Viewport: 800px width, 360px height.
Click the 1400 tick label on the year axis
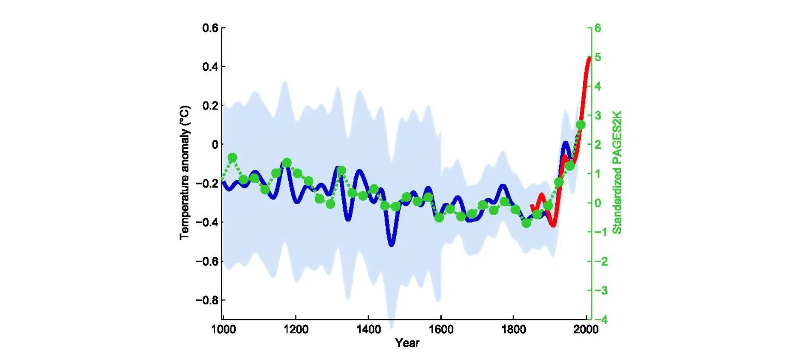pos(368,330)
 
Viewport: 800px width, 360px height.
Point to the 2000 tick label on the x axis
pos(586,330)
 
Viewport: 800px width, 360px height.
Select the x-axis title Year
pos(407,343)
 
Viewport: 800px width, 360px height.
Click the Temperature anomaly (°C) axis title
pos(184,173)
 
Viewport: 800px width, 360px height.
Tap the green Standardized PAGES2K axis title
pos(617,172)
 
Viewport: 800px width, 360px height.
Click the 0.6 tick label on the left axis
pos(210,28)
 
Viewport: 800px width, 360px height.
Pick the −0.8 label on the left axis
pos(207,300)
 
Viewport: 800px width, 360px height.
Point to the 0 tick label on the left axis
pos(215,144)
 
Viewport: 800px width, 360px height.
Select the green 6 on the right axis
pos(598,28)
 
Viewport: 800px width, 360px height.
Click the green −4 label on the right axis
pos(601,320)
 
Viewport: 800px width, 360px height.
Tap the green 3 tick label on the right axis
pos(598,115)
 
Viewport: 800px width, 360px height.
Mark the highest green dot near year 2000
pos(581,125)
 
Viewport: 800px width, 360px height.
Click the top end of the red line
pos(589,58)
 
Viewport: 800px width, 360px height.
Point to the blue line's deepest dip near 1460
pos(391,243)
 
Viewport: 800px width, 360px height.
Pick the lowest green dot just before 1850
pos(526,223)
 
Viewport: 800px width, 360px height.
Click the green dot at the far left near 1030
pos(232,158)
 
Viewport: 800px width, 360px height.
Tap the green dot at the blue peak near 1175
pos(287,163)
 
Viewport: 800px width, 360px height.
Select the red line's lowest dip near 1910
pos(553,225)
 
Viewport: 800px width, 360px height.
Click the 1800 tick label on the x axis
pos(513,330)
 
